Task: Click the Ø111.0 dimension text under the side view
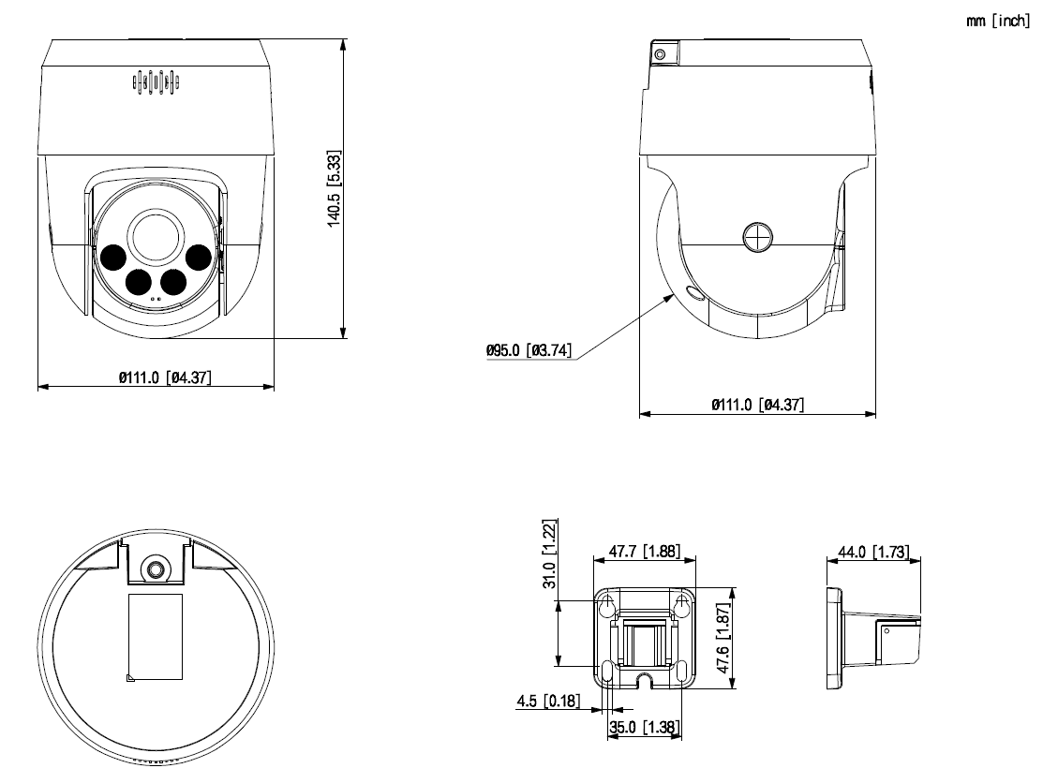coord(757,405)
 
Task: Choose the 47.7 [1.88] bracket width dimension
coord(644,552)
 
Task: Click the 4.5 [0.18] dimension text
coord(547,701)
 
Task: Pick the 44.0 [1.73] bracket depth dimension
coord(872,552)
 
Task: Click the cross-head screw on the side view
coord(757,236)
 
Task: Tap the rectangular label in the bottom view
coord(155,635)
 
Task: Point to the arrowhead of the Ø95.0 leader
coord(676,293)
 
